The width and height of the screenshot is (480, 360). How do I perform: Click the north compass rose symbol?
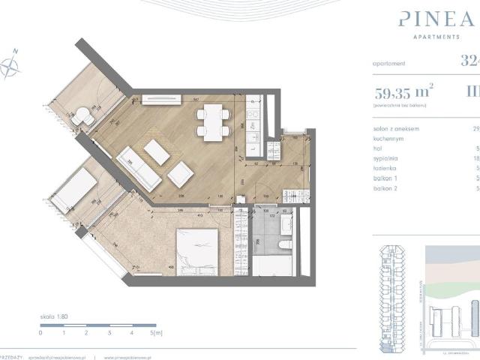pos(12,65)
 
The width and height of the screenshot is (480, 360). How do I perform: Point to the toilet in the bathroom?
pos(283,247)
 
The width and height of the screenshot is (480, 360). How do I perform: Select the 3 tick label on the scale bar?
pos(109,331)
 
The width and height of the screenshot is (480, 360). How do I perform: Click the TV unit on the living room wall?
pos(163,97)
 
